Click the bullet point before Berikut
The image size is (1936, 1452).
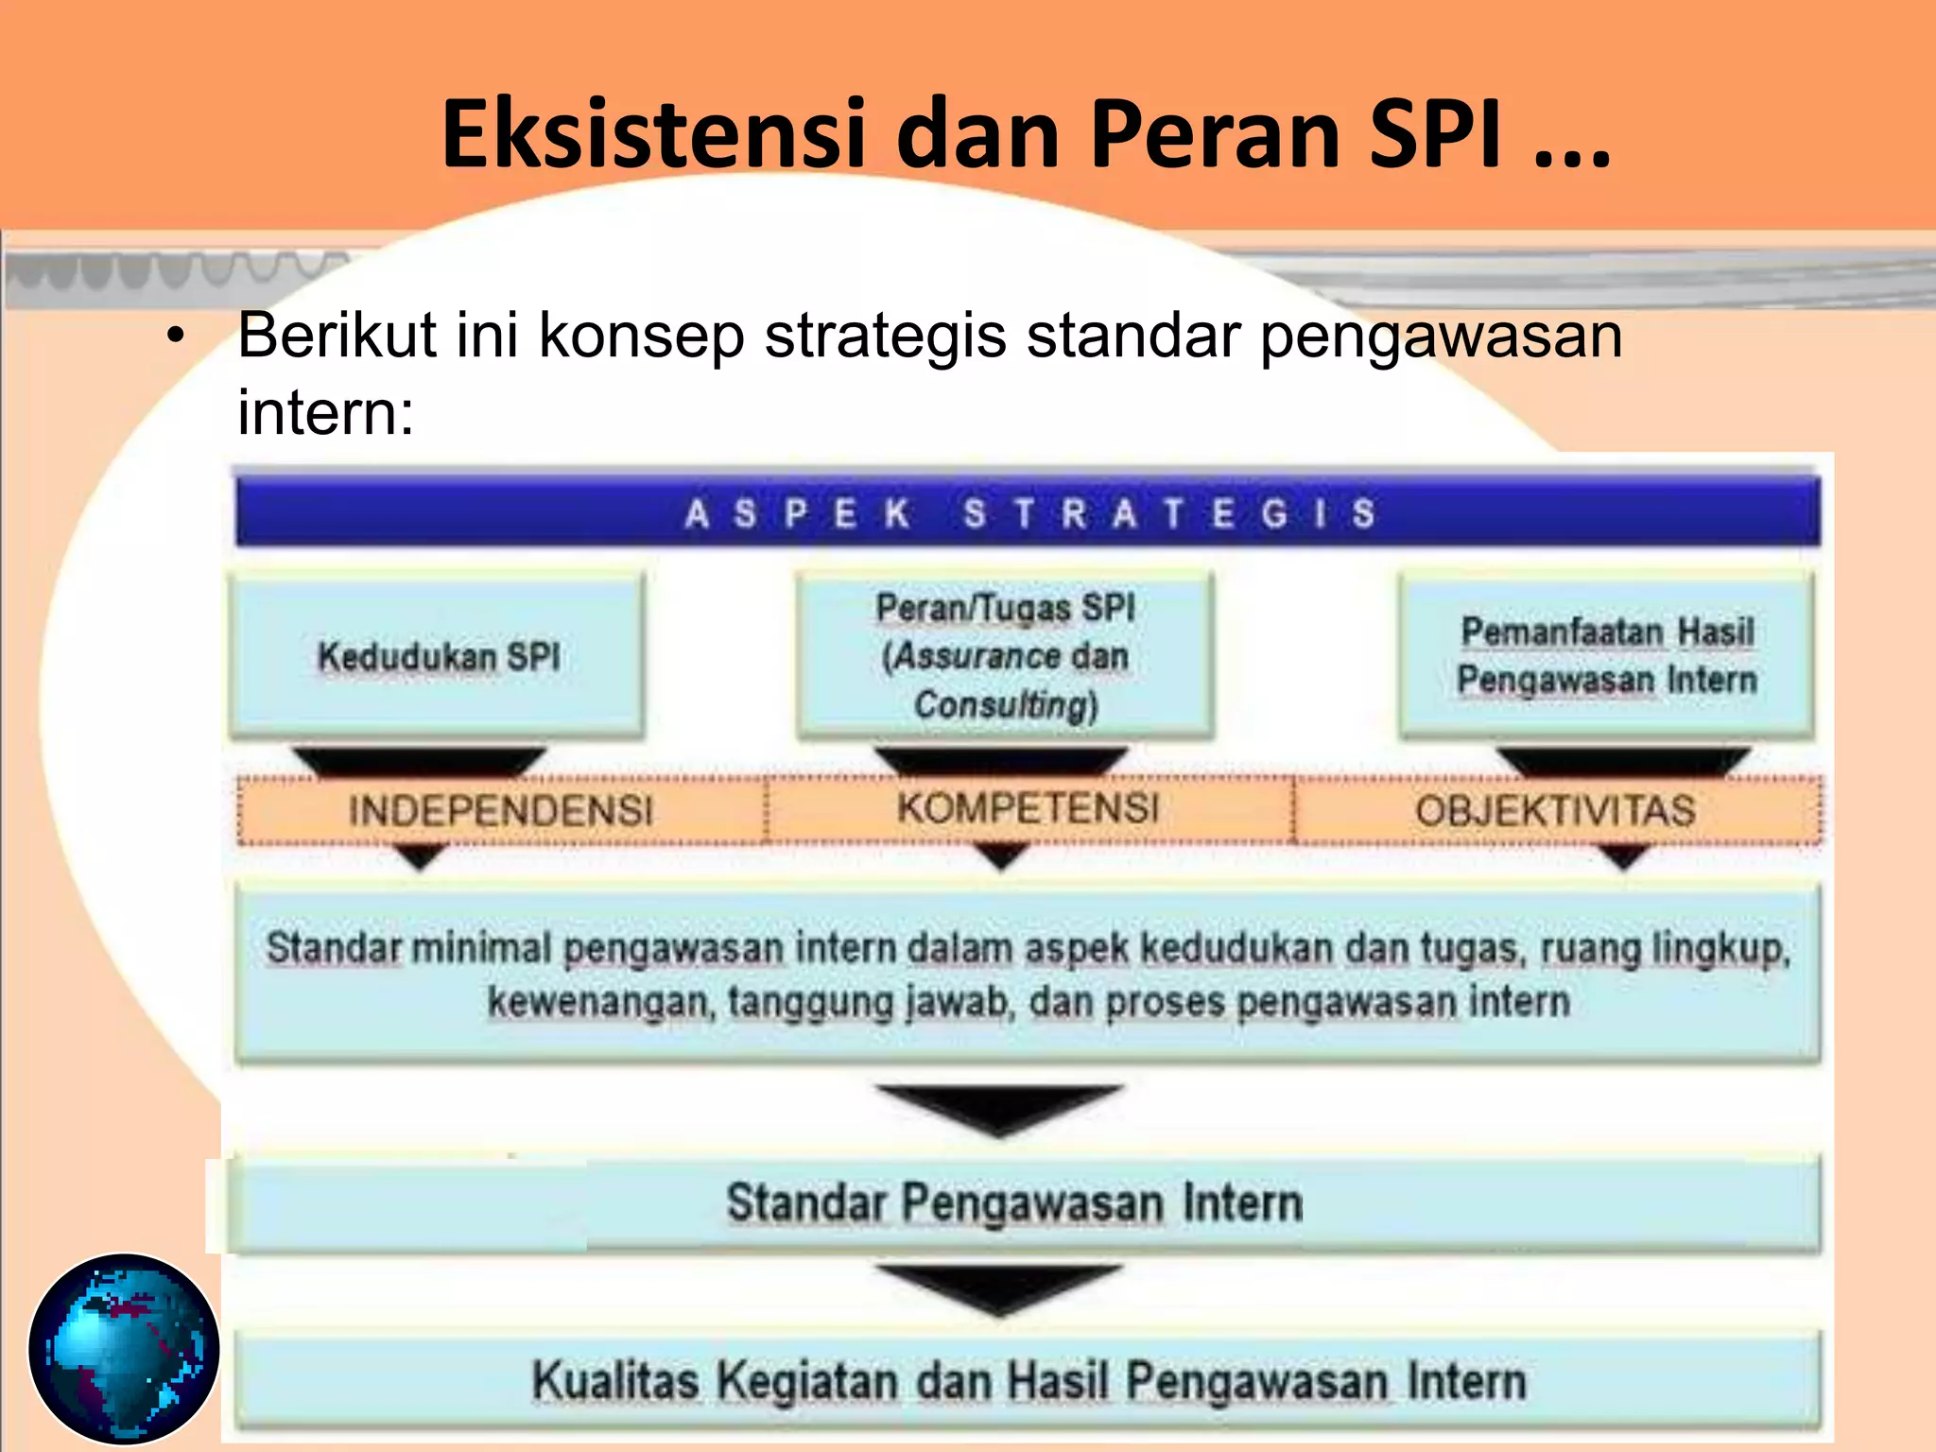point(174,336)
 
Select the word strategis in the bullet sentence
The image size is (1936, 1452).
point(885,336)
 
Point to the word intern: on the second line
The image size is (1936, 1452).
point(325,412)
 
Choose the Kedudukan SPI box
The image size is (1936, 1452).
point(438,656)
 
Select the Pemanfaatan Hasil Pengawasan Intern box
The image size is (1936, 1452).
point(1606,655)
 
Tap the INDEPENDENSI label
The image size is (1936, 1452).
point(500,811)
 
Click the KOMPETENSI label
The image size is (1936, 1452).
point(1028,808)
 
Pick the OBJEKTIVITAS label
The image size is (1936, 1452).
point(1555,811)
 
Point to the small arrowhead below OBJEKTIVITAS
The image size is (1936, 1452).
point(1623,856)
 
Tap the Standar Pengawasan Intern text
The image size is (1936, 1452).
point(1013,1203)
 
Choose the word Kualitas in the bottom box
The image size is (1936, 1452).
point(614,1380)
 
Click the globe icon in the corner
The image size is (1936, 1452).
point(124,1348)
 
